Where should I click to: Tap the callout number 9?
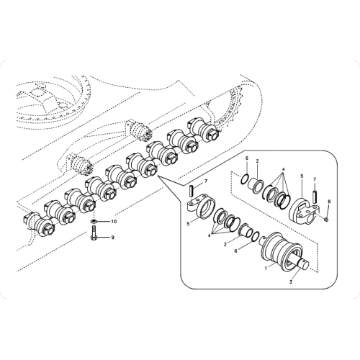(112, 237)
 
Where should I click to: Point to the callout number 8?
(329, 201)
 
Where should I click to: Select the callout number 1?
(266, 266)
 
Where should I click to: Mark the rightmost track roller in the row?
(201, 130)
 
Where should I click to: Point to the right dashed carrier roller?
(141, 130)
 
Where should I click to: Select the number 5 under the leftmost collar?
(189, 223)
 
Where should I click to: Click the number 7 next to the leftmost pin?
(205, 181)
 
